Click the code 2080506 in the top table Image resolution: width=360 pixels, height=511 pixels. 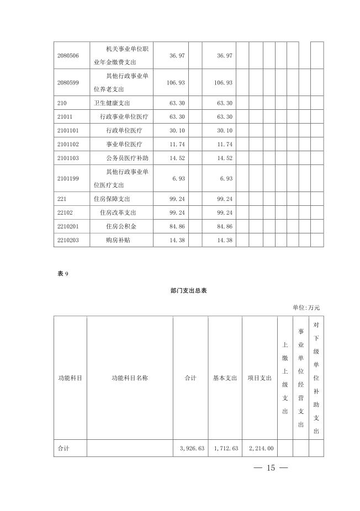[x=68, y=55]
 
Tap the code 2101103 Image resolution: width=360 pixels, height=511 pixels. [x=68, y=158]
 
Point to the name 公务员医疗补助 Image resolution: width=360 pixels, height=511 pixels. [x=127, y=158]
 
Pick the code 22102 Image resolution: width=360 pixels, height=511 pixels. [x=65, y=212]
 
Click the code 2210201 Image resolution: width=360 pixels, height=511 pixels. [x=68, y=226]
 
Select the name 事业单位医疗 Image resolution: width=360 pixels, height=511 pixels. [x=124, y=144]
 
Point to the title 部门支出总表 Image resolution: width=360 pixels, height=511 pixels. [x=189, y=290]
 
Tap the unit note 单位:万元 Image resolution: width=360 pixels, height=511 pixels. [x=306, y=307]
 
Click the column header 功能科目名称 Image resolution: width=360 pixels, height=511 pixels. [x=130, y=378]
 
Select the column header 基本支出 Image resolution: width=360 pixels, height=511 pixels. [x=225, y=378]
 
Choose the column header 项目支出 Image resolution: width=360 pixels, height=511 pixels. [x=260, y=378]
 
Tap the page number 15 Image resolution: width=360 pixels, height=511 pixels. [x=271, y=468]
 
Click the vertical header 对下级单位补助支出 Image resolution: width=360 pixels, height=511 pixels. [x=316, y=378]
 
